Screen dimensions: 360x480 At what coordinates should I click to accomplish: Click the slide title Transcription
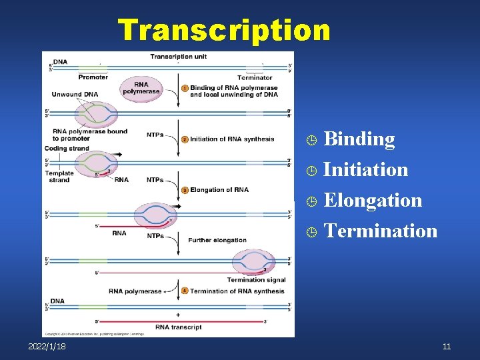224,30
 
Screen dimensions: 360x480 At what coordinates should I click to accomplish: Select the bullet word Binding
359,139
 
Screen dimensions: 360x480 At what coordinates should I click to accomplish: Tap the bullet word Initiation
365,169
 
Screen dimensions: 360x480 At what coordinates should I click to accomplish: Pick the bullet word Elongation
372,200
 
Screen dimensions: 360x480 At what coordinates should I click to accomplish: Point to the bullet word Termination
380,231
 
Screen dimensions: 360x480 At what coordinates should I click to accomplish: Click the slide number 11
446,347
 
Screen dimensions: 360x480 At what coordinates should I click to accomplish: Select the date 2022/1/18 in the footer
47,347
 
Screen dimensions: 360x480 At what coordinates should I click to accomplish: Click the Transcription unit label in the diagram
178,57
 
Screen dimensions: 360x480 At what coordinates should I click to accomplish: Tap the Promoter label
93,77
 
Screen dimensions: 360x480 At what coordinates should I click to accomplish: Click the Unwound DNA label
75,94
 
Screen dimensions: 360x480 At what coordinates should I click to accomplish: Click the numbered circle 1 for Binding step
185,88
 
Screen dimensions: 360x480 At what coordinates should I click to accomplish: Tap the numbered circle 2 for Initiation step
185,139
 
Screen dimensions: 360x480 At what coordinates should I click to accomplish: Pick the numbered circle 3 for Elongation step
185,190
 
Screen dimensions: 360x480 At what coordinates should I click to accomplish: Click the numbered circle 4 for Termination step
185,291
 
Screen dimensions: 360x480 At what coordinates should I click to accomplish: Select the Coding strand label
67,148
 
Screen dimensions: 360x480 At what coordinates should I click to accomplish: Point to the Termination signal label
256,280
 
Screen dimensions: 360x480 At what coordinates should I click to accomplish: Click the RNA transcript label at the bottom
178,327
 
